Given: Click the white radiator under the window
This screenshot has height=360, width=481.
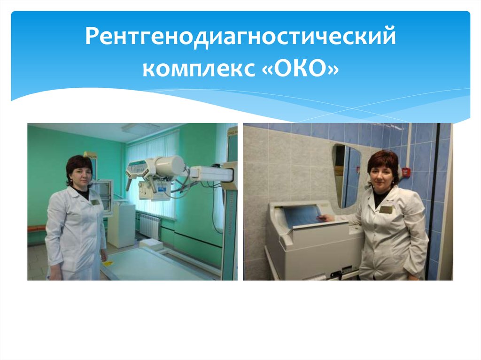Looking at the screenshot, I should pyautogui.click(x=150, y=225).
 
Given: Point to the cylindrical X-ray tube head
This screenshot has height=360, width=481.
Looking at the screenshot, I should pyautogui.click(x=170, y=165).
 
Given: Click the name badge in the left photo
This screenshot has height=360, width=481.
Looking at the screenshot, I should pyautogui.click(x=95, y=202).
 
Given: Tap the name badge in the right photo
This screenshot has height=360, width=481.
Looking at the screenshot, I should pyautogui.click(x=386, y=209).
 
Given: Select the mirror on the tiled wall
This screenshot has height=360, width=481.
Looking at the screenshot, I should pyautogui.click(x=346, y=176).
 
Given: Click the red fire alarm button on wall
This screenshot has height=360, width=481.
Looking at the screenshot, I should pyautogui.click(x=407, y=172).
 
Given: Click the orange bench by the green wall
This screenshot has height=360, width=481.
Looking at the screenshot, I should pyautogui.click(x=36, y=229).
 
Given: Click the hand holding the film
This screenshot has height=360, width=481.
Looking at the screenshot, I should pyautogui.click(x=322, y=217).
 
